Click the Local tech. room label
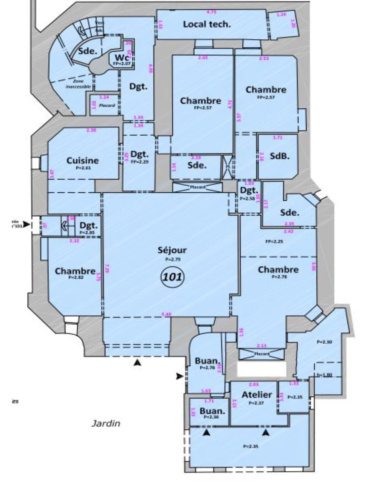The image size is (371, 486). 207,24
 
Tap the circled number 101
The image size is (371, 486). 172,276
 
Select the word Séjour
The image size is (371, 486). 172,250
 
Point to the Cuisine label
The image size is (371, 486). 83,161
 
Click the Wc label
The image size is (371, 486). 121,58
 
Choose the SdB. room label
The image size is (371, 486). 279,156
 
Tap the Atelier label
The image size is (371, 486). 257,395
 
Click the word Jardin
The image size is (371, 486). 106,423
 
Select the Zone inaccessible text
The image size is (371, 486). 78,84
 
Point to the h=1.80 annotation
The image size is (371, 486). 324,375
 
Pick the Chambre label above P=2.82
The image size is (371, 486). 75,271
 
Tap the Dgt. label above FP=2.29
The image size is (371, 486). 140,154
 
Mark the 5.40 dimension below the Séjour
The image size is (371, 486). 166,314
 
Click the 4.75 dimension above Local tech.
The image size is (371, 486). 211,12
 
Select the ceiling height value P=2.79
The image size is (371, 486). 173,259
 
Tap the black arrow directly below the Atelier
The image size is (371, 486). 266,432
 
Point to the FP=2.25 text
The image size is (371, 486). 274,242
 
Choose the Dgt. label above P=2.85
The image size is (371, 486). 89,226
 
